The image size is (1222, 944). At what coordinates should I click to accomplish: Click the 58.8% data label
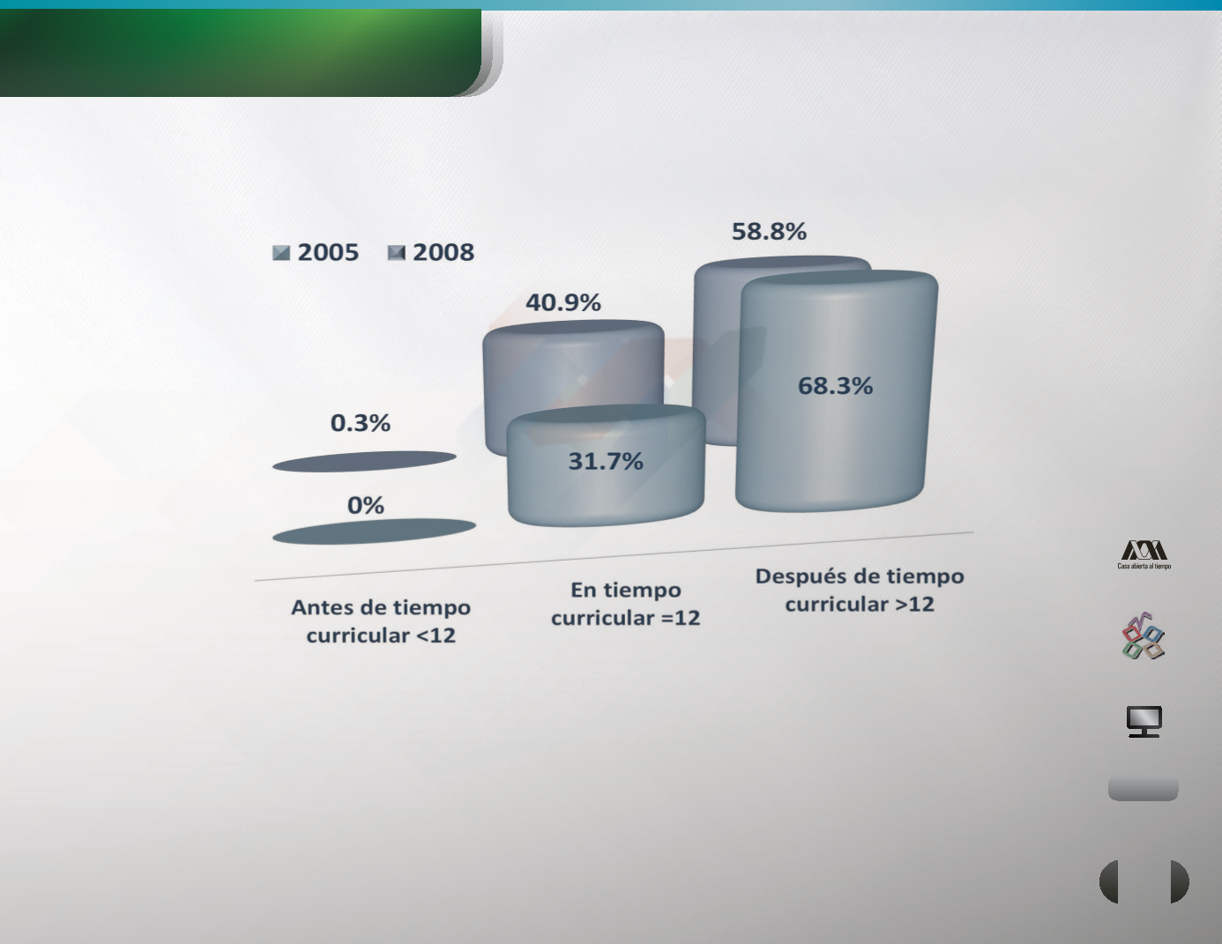coord(769,232)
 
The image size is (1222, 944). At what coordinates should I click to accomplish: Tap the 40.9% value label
coord(563,302)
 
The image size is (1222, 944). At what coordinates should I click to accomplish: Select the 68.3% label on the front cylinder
coord(835,386)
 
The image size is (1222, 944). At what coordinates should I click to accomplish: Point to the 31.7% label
coord(606,461)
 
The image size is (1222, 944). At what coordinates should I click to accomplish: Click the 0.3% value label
coord(360,423)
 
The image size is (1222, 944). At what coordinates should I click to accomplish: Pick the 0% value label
coord(366,505)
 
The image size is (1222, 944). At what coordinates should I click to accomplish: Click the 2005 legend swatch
coord(281,253)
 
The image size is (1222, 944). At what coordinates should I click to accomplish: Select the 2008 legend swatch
coord(397,253)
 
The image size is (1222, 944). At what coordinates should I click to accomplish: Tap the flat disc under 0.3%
coord(364,461)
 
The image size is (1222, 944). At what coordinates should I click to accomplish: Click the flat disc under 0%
coord(374,531)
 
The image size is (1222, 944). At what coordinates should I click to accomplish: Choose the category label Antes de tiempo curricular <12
coord(381,621)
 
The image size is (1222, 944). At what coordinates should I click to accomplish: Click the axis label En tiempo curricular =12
coord(625,604)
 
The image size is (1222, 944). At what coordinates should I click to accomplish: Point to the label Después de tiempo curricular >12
coord(860,590)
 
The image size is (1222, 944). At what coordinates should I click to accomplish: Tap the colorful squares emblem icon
coord(1144,636)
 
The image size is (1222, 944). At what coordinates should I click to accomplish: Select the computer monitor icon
coord(1144,722)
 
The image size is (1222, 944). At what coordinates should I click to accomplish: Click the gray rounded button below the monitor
coord(1144,789)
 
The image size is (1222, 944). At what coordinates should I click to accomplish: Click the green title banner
coord(241,53)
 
